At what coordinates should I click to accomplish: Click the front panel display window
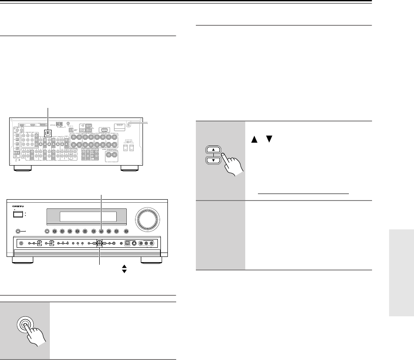(88, 217)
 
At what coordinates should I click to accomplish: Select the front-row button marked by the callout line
(101, 232)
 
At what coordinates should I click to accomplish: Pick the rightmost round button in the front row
(126, 232)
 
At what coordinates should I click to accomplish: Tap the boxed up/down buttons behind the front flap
(99, 244)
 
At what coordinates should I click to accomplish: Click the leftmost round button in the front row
(46, 232)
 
